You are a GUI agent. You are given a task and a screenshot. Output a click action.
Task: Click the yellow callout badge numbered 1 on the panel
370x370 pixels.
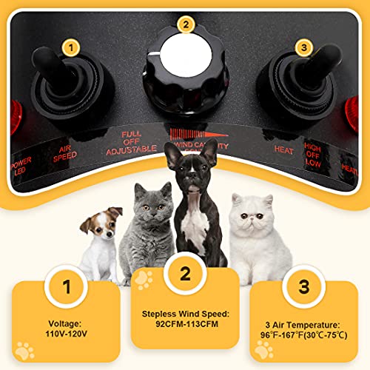tap(70, 47)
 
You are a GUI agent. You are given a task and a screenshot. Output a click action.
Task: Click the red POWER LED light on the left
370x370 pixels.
tap(10, 121)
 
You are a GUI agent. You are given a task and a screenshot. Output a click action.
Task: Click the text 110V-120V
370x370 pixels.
tap(67, 335)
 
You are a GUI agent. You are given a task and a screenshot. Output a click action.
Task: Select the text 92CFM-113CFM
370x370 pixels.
tap(185, 324)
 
